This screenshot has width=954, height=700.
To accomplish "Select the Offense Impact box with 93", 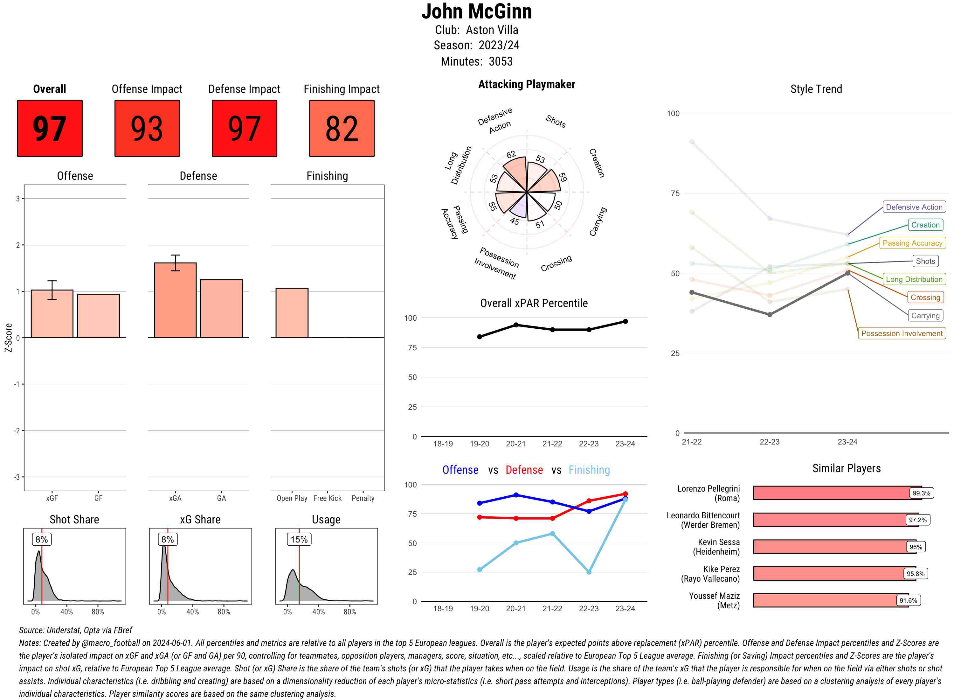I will [147, 129].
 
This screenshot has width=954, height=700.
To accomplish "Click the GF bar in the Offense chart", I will [98, 316].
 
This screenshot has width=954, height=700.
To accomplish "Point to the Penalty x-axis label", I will [363, 498].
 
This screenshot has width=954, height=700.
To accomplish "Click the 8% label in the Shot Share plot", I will [41, 539].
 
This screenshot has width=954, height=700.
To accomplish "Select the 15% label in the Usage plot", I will [299, 539].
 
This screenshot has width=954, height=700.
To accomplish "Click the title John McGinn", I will [476, 11].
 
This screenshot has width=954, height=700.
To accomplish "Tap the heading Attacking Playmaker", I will [526, 84].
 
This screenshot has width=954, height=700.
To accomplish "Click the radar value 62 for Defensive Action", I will [511, 154].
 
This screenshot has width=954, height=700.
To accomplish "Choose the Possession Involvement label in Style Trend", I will [902, 333].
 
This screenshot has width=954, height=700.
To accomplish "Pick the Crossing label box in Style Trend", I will [925, 297].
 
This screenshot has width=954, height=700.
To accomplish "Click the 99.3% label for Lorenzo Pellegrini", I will [921, 493].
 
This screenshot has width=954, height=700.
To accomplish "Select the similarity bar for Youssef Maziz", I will [830, 600].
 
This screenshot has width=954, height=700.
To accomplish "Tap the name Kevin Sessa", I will [719, 542].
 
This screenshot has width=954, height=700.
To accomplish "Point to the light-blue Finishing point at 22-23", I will [589, 572].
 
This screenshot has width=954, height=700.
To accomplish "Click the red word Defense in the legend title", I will [524, 470].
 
